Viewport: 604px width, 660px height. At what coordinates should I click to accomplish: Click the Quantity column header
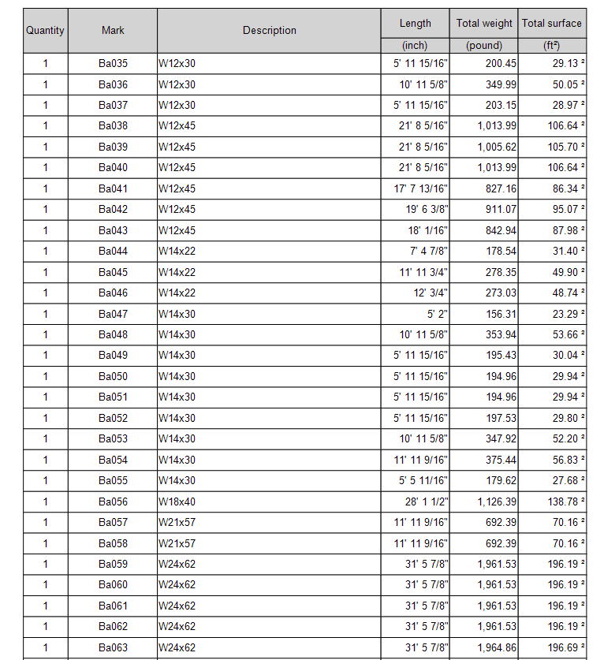[45, 31]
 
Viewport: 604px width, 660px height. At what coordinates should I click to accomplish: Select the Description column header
[269, 31]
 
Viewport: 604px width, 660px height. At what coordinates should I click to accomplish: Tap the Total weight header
[484, 24]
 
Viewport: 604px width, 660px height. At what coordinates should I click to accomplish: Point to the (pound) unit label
[484, 46]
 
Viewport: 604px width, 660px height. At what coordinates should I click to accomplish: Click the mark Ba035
[113, 64]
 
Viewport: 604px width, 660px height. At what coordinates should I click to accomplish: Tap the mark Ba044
[113, 252]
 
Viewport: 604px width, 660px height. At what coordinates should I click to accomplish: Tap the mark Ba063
[113, 647]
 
